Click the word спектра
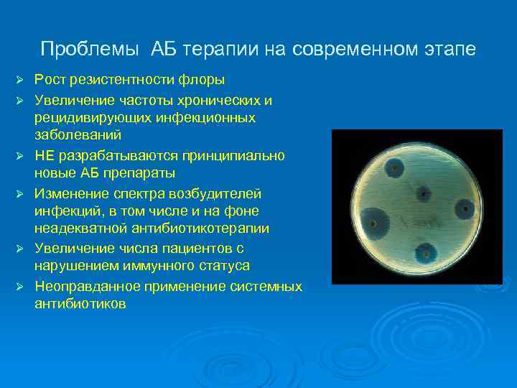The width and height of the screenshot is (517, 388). click(x=135, y=194)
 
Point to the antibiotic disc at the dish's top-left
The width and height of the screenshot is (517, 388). click(x=393, y=171)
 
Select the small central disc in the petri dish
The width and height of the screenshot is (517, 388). click(x=423, y=194)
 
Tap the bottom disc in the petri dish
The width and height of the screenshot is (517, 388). click(x=427, y=253)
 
